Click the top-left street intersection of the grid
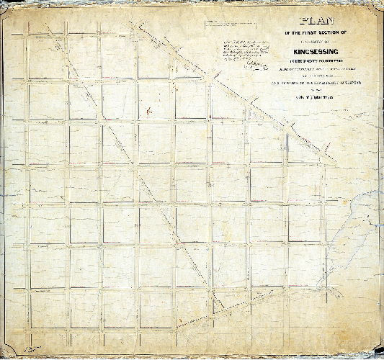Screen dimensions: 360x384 point(28,34)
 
